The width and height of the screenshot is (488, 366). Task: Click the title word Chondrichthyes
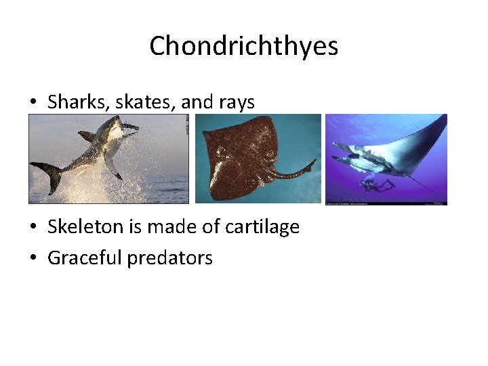(243, 46)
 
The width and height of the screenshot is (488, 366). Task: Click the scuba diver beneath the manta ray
(377, 184)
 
